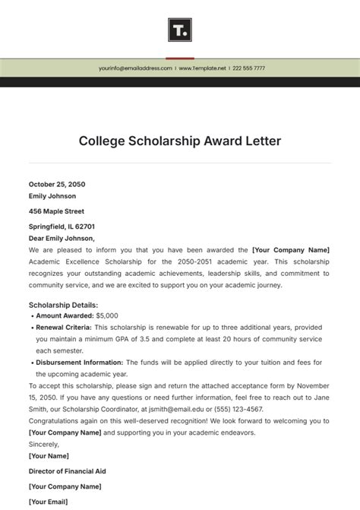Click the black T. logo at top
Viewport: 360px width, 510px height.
tap(180, 30)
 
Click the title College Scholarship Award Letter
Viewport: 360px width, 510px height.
tap(180, 141)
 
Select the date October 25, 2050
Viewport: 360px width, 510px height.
tap(57, 184)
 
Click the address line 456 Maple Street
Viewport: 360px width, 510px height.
tap(56, 211)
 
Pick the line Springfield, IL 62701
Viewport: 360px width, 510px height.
tap(62, 226)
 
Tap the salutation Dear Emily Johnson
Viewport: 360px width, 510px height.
tap(62, 238)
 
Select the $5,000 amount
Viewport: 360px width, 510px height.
tap(107, 315)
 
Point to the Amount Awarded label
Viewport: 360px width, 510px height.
tap(65, 315)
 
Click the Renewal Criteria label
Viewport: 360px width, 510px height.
tap(65, 327)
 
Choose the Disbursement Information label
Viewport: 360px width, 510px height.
tap(80, 363)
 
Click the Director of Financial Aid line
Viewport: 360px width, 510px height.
tap(67, 471)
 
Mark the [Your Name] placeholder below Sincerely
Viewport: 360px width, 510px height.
tap(49, 456)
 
